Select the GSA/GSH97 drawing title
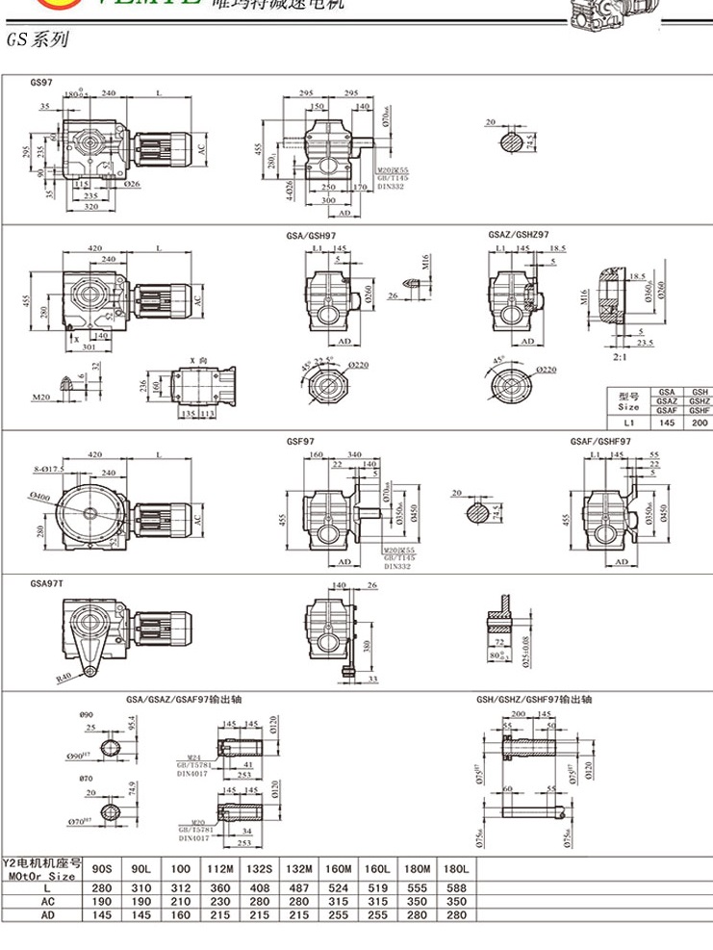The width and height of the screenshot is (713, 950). click(310, 235)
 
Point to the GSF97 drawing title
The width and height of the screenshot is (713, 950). click(299, 442)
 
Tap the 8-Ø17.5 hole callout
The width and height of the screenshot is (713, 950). click(47, 469)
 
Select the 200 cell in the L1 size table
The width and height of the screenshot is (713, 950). click(700, 423)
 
